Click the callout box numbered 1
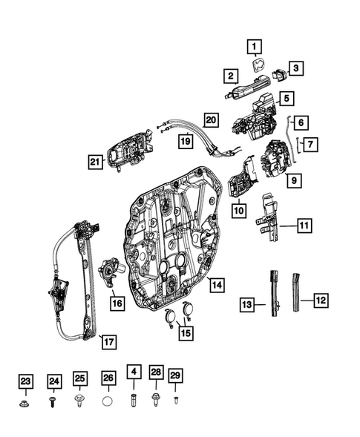255,48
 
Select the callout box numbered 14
215,284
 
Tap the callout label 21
95,162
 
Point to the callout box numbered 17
108,342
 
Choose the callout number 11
305,223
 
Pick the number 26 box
108,379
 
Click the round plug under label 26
108,403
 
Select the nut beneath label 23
25,404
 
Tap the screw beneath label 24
53,403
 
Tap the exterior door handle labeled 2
238,92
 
